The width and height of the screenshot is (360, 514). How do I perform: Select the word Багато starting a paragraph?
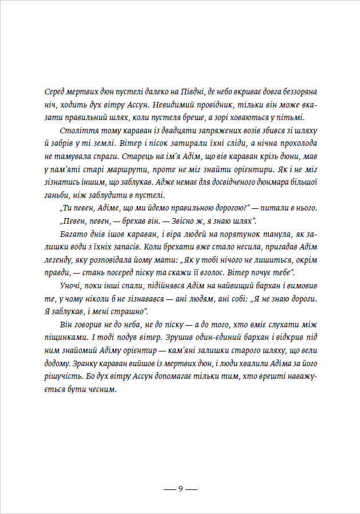73,234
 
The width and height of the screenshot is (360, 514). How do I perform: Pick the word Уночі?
71,287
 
